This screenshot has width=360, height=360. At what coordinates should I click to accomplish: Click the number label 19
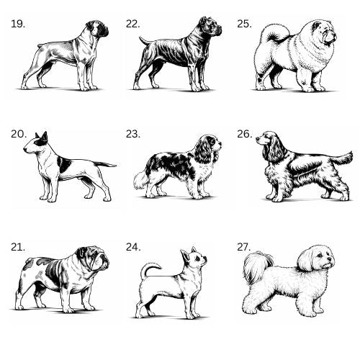click(x=18, y=24)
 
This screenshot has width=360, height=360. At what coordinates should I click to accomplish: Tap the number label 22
click(x=133, y=24)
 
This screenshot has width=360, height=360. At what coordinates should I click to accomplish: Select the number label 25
click(x=244, y=24)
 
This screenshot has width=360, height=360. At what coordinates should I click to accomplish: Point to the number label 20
click(x=19, y=134)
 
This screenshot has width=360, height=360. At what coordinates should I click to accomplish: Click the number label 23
click(x=133, y=134)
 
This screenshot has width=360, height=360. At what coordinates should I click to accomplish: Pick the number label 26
click(x=245, y=134)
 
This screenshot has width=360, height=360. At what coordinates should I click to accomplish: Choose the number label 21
click(x=18, y=247)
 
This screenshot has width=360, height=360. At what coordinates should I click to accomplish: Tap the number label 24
click(x=133, y=247)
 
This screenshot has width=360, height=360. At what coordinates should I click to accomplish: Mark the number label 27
click(x=244, y=247)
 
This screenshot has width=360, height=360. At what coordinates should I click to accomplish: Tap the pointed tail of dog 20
click(x=104, y=164)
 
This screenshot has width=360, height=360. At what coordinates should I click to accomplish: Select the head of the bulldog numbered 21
click(x=94, y=258)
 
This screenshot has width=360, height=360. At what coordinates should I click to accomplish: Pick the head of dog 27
click(x=317, y=258)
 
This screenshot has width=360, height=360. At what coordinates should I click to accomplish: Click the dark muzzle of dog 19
click(x=104, y=31)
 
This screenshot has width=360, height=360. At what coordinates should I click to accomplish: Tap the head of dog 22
click(x=210, y=27)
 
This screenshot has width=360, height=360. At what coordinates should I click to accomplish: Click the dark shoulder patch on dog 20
click(x=65, y=165)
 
